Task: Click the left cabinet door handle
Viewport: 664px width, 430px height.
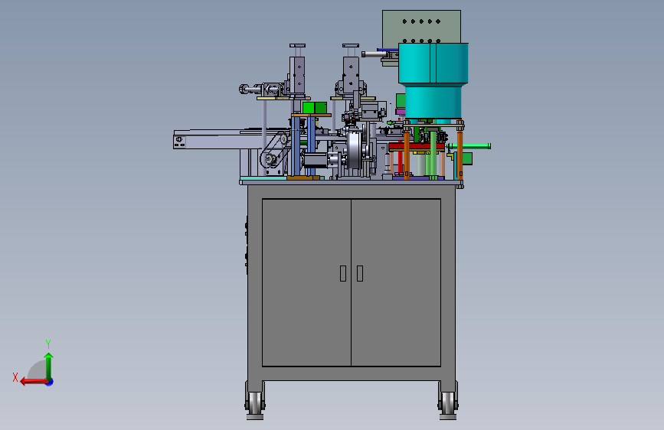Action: point(343,273)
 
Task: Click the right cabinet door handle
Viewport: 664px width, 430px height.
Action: point(360,273)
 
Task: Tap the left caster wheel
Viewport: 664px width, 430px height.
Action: point(255,403)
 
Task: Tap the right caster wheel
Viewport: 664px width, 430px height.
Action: point(448,403)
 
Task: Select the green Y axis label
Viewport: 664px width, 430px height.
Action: point(48,344)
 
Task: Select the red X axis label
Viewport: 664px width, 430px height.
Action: point(15,377)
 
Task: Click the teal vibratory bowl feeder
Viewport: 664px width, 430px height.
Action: point(433,80)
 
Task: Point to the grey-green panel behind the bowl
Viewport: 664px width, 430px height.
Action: point(421,26)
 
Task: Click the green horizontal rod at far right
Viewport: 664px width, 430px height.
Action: point(469,146)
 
